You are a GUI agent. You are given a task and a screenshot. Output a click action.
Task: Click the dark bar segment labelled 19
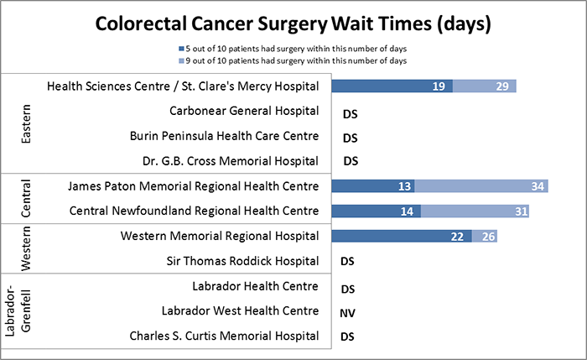click(392, 86)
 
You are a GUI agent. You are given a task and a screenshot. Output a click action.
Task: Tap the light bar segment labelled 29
click(485, 86)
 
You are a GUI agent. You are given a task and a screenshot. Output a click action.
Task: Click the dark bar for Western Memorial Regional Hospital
click(402, 236)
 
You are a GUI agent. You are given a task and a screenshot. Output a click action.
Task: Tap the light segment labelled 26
click(486, 236)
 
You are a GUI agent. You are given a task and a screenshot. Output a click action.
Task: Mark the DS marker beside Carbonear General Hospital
click(351, 112)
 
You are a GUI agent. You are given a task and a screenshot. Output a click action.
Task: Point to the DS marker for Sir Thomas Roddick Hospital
click(351, 261)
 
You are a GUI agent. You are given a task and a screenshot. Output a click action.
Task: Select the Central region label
click(24, 198)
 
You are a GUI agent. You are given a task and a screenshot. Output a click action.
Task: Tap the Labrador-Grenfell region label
click(18, 310)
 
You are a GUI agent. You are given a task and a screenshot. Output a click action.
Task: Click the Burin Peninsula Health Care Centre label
click(224, 136)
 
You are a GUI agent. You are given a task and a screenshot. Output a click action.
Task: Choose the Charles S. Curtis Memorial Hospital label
click(223, 336)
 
